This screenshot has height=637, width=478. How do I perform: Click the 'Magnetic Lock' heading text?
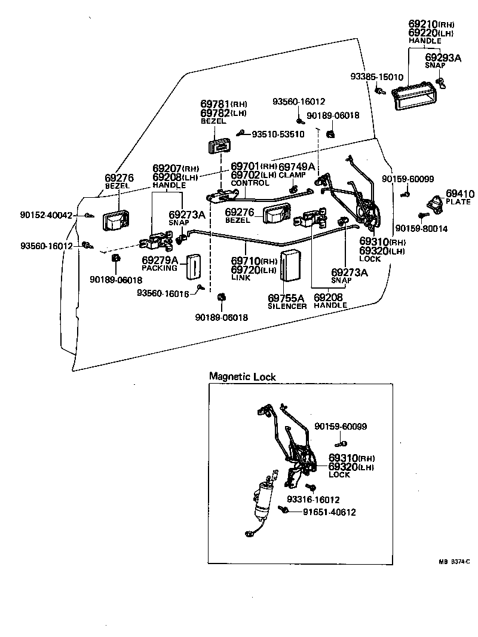click(x=242, y=376)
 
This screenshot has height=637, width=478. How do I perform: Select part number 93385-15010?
click(x=376, y=77)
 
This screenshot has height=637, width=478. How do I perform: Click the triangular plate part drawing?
click(x=435, y=204)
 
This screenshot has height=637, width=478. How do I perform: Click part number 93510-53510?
click(x=277, y=134)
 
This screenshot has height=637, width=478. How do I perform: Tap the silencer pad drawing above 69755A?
click(x=292, y=265)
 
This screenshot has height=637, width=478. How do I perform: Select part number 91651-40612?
click(x=329, y=512)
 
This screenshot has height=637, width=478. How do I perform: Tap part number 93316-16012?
click(x=313, y=499)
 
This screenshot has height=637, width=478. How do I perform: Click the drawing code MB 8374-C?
click(x=454, y=561)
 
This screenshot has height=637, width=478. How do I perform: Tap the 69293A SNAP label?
click(x=443, y=60)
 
